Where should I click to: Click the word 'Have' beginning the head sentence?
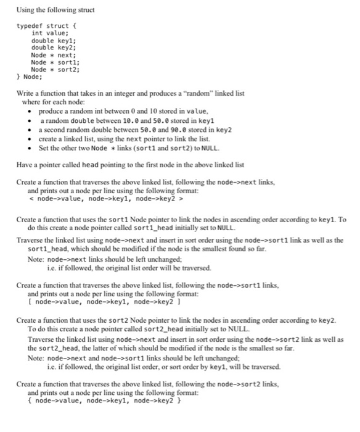tap(25, 165)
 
